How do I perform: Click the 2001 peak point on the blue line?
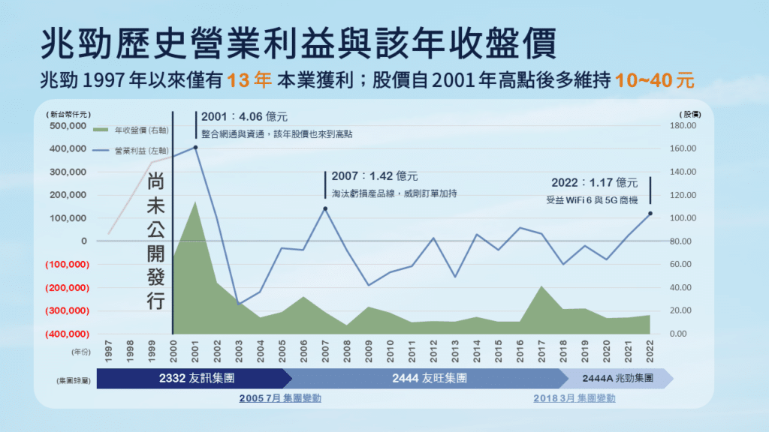(196, 147)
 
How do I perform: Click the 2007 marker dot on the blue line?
(325, 208)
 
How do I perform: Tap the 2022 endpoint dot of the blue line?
(650, 214)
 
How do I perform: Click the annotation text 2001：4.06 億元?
(244, 117)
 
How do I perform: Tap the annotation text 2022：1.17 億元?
(594, 183)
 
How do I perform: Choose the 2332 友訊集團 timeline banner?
(198, 379)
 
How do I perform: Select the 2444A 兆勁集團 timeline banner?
(617, 379)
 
